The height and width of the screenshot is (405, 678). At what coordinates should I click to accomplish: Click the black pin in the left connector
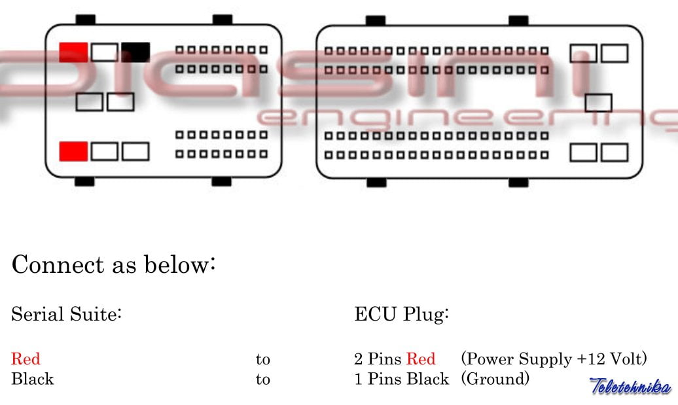tap(135, 52)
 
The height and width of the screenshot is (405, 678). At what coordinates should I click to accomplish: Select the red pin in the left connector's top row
tap(73, 52)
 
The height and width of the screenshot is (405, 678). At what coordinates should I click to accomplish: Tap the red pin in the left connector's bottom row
tap(73, 151)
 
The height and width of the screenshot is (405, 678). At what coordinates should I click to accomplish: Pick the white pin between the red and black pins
tap(105, 52)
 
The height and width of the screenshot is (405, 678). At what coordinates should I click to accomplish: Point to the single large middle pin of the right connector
tap(598, 103)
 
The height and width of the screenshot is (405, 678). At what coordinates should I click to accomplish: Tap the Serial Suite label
tap(67, 315)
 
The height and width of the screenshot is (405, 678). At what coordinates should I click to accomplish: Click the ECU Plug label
tap(401, 315)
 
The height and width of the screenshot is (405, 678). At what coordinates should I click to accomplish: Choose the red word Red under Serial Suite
tap(26, 359)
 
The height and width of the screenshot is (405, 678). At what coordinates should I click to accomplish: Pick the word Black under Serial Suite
tap(32, 379)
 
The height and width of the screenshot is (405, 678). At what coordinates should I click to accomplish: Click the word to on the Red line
tap(262, 359)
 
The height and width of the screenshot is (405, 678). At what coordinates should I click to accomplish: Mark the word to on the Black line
tap(262, 379)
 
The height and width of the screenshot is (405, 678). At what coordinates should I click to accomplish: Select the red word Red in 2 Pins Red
tap(421, 359)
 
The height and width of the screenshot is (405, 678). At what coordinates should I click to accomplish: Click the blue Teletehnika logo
tap(630, 385)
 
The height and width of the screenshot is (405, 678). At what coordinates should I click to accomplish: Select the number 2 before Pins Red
tap(359, 359)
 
